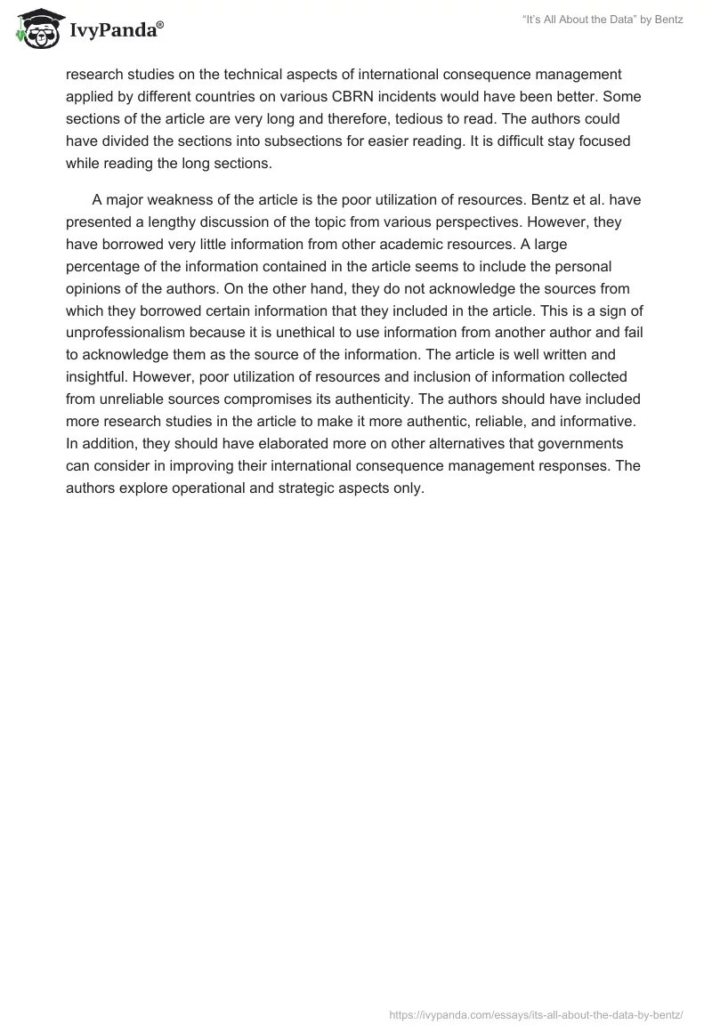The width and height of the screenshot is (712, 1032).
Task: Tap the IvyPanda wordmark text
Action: click(x=114, y=32)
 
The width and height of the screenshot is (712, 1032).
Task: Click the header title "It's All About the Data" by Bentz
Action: click(x=603, y=20)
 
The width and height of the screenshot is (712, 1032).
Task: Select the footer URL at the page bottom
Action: click(x=536, y=1013)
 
